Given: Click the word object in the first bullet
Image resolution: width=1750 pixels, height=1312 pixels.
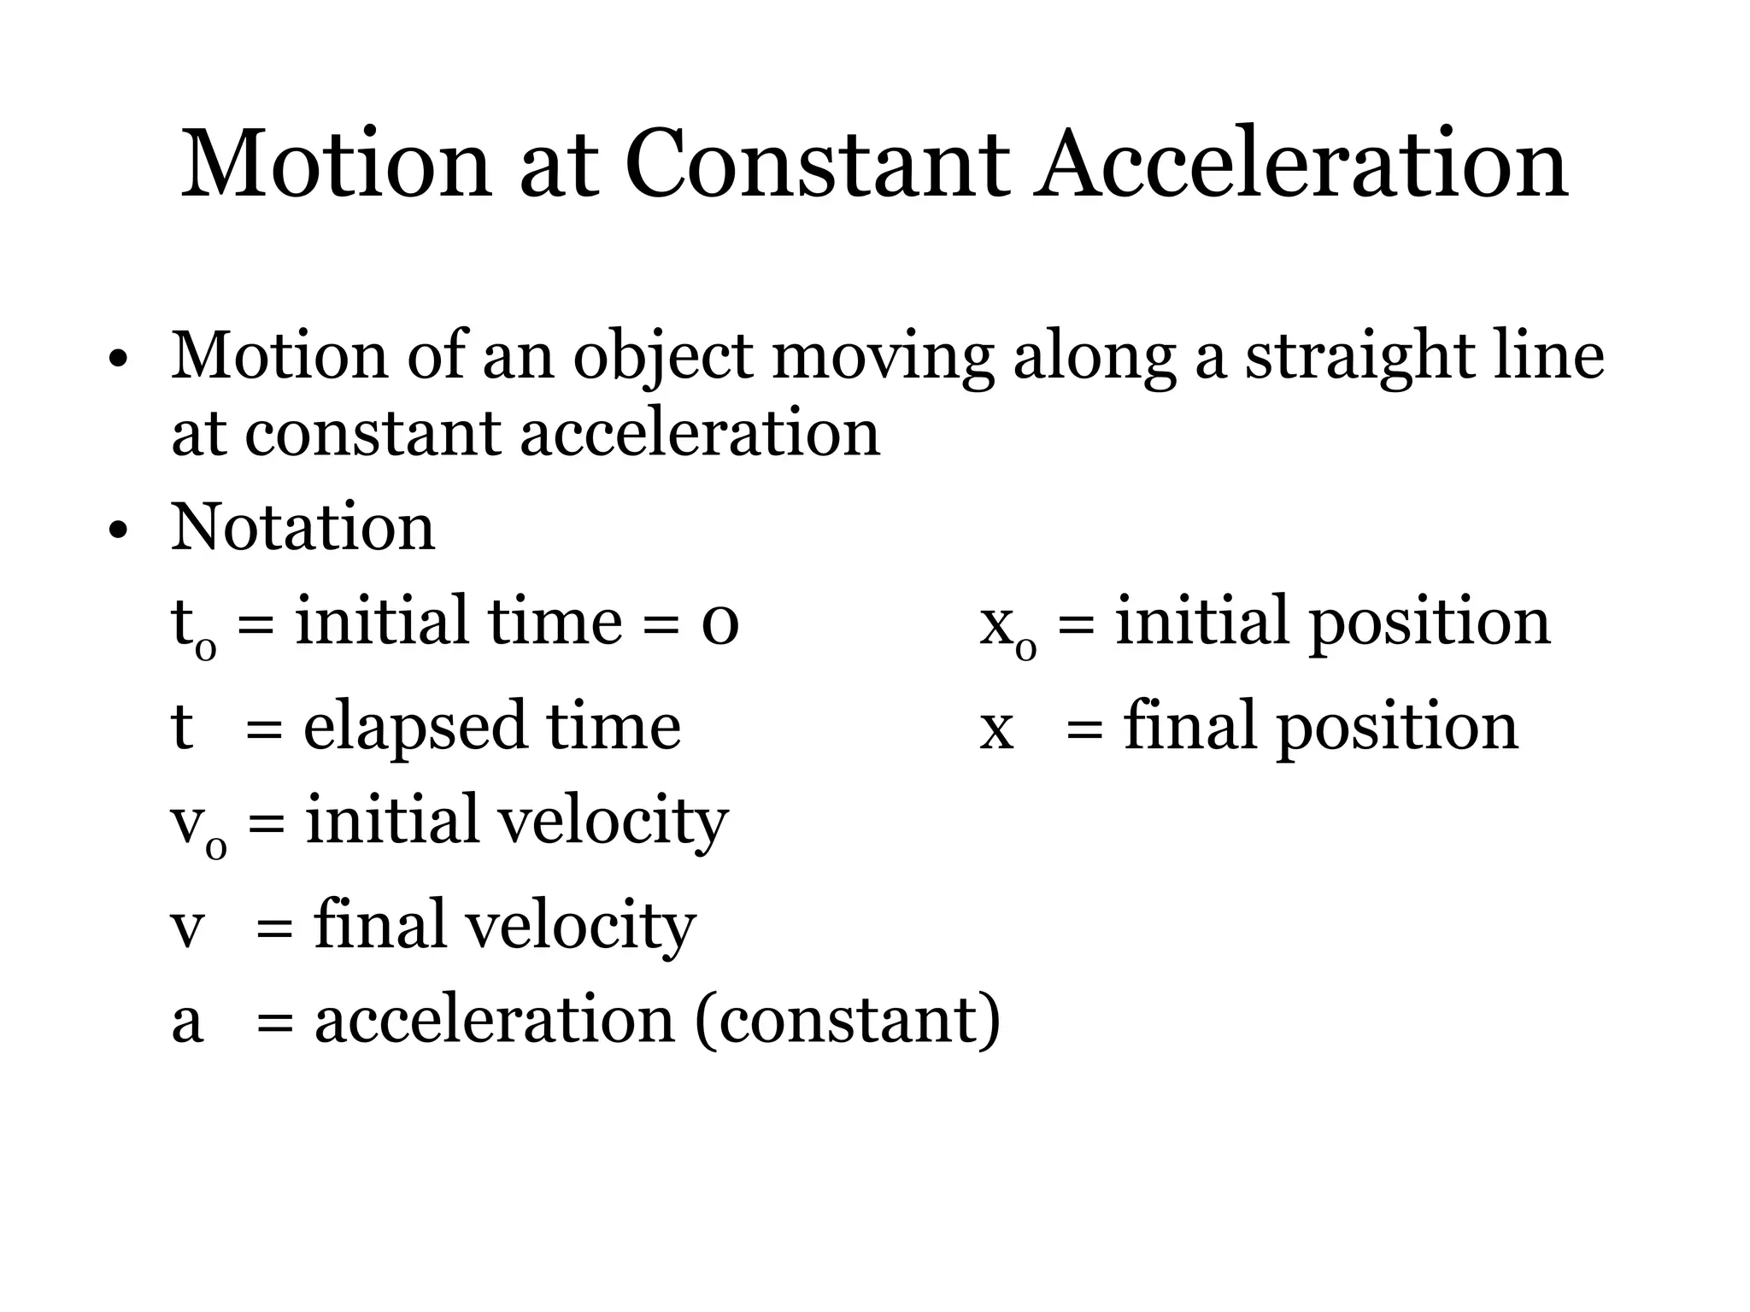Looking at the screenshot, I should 663,356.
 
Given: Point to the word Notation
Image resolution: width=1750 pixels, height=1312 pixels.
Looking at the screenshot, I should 303,527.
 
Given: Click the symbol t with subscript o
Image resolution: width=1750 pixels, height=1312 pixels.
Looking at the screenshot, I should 193,626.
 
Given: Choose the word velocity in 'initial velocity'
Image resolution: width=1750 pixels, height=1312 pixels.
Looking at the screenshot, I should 612,822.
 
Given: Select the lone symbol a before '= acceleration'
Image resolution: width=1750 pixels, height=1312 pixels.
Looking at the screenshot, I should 187,1022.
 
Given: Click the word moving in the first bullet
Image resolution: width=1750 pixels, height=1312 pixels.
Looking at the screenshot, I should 883,356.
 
